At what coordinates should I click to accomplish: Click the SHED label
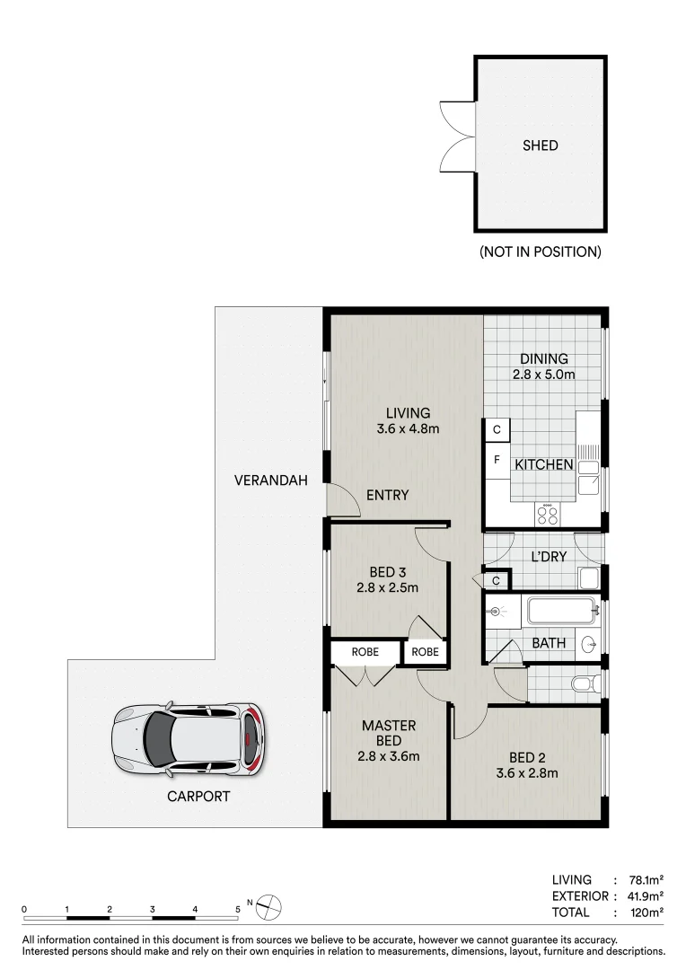tap(541, 145)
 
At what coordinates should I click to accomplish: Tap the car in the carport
tap(189, 740)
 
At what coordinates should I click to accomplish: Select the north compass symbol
tap(269, 908)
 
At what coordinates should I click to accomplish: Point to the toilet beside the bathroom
tap(584, 685)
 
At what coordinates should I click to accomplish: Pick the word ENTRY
tap(388, 495)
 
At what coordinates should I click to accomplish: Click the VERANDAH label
tap(270, 481)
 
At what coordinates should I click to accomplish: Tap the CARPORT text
tap(198, 796)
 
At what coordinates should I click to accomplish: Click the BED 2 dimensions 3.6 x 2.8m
tap(527, 772)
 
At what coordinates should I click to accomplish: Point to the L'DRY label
tap(547, 556)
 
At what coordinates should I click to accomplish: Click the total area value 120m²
tap(646, 913)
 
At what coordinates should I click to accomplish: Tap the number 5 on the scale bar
tap(238, 909)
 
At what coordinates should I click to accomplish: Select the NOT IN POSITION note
tap(540, 251)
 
